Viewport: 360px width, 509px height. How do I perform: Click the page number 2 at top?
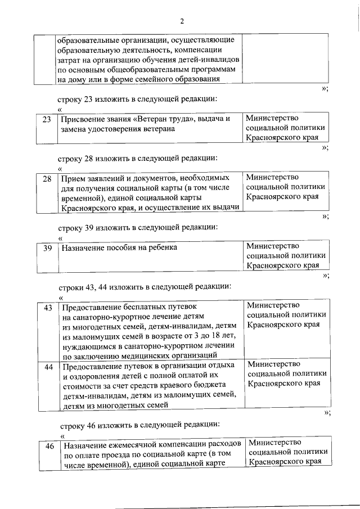(x=182, y=21)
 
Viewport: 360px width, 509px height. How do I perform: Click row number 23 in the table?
(x=47, y=119)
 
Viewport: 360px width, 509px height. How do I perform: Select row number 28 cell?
(x=47, y=179)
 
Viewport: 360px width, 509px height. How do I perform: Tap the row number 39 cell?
(x=47, y=247)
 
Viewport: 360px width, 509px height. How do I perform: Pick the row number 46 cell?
(x=49, y=446)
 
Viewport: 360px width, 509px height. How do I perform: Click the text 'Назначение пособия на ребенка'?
(x=119, y=247)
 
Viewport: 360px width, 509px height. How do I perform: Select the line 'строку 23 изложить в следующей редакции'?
(x=138, y=99)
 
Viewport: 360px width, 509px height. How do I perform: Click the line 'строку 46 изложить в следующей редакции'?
(x=140, y=424)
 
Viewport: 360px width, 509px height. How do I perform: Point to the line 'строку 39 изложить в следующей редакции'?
(x=138, y=227)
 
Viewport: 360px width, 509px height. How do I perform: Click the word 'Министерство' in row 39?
(x=273, y=245)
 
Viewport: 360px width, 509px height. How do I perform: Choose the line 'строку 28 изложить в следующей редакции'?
(x=138, y=159)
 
